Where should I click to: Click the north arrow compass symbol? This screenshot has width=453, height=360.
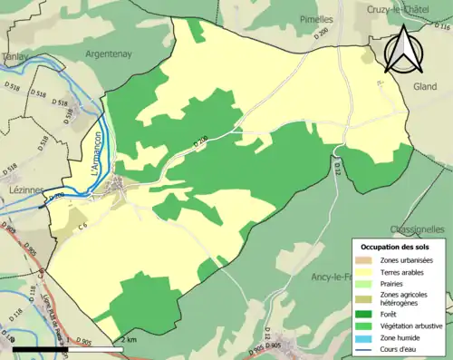coord(403,49)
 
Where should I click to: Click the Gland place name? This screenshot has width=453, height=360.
coord(424,86)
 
